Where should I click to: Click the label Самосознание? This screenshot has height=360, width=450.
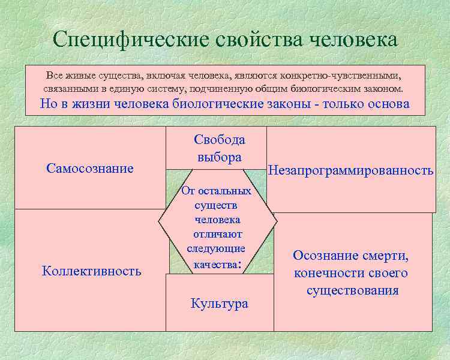pos(89,168)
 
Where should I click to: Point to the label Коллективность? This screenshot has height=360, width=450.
pos(91,271)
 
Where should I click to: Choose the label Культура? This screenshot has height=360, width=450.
pos(219,303)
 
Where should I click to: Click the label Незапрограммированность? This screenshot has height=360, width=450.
pos(350,170)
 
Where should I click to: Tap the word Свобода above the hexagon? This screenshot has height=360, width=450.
pos(219,140)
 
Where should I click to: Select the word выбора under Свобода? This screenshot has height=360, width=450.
pos(219,157)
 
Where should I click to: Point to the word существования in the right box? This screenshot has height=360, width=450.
pos(352,291)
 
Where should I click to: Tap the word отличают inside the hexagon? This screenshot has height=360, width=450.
pos(217,234)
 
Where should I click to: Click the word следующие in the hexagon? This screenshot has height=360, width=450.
pos(216,248)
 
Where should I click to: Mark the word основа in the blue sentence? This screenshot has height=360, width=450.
pos(387,104)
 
